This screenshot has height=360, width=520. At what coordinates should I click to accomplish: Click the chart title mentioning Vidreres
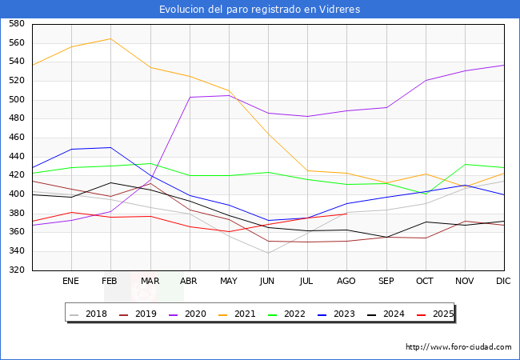coord(259,10)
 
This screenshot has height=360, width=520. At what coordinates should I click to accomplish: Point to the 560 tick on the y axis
coord(16,43)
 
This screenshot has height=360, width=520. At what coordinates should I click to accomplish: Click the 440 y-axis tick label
coord(16,157)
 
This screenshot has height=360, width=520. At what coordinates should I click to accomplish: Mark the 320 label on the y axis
coord(16,270)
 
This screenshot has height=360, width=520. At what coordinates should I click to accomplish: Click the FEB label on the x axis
coord(110,282)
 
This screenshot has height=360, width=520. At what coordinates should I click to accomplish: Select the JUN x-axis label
coord(267,282)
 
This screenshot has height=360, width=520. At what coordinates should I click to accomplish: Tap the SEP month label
coord(386,282)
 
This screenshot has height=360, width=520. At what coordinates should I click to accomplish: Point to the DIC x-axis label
coord(503,282)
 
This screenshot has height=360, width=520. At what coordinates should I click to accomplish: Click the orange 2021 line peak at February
coord(110,38)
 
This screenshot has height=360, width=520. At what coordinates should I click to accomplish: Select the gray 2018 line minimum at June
coord(267,254)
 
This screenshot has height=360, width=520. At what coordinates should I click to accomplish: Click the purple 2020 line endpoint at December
coord(504,65)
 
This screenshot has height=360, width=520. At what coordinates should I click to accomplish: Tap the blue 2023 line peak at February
coord(110,147)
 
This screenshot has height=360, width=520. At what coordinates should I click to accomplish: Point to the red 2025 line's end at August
coord(346,214)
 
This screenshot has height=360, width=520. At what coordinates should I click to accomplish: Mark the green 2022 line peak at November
coord(464,164)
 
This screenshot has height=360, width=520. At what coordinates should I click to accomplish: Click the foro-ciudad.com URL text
coord(458,347)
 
